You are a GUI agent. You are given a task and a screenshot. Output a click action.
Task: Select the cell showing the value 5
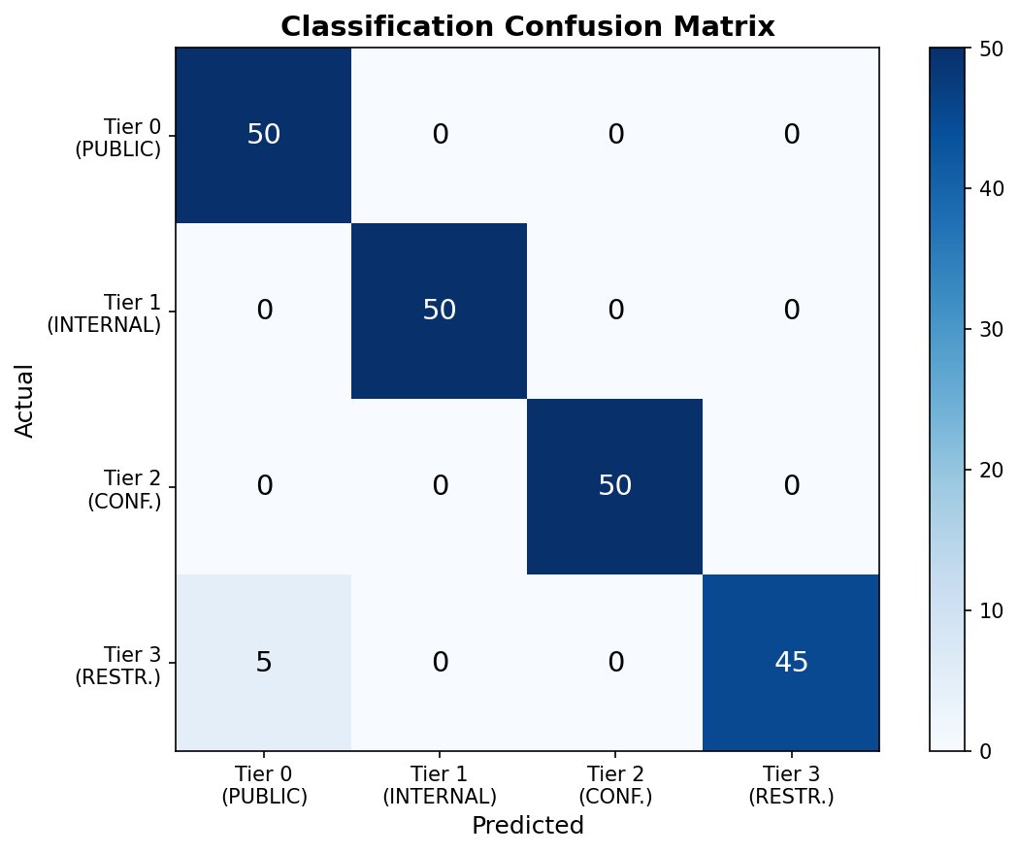263,662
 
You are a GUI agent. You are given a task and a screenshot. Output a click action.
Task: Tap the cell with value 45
791,662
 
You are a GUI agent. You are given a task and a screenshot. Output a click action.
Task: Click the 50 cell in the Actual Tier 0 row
263,135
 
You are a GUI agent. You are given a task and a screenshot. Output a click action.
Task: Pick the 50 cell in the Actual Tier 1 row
439,311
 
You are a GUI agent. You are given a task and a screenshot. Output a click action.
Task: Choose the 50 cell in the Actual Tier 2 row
614,486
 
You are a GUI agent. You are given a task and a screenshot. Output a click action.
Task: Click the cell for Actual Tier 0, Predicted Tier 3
791,135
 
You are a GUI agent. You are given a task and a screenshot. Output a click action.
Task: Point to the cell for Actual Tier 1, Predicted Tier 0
263,311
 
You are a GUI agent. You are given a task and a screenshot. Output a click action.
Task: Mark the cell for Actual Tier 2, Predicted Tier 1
439,486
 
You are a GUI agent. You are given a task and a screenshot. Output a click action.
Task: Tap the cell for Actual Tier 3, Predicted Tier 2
614,662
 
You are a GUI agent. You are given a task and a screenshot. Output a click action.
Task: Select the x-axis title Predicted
527,826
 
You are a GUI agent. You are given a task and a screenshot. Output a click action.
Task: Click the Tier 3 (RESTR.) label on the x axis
791,784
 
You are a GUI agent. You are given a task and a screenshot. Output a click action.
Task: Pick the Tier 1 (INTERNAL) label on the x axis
439,784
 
